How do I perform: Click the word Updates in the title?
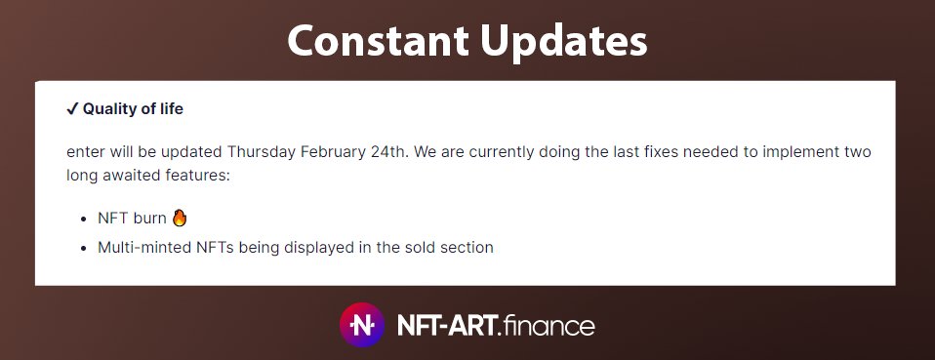[x=562, y=42]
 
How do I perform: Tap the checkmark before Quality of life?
[x=71, y=109]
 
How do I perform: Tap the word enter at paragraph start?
[x=89, y=152]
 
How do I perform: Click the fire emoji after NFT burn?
[x=179, y=217]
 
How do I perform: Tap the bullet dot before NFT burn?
[x=85, y=219]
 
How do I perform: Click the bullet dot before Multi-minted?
[x=85, y=248]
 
